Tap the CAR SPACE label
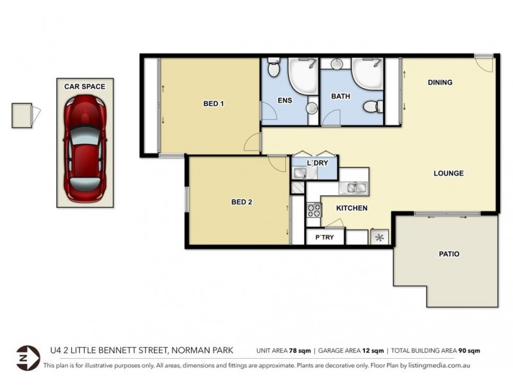[85, 86]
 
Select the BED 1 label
[213, 104]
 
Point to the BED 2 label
[241, 202]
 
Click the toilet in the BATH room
[371, 106]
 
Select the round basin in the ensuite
[312, 108]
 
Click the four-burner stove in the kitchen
[314, 210]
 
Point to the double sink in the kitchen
[354, 188]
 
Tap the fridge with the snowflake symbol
[379, 238]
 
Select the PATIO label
[449, 253]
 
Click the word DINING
[440, 82]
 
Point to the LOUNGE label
[448, 173]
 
